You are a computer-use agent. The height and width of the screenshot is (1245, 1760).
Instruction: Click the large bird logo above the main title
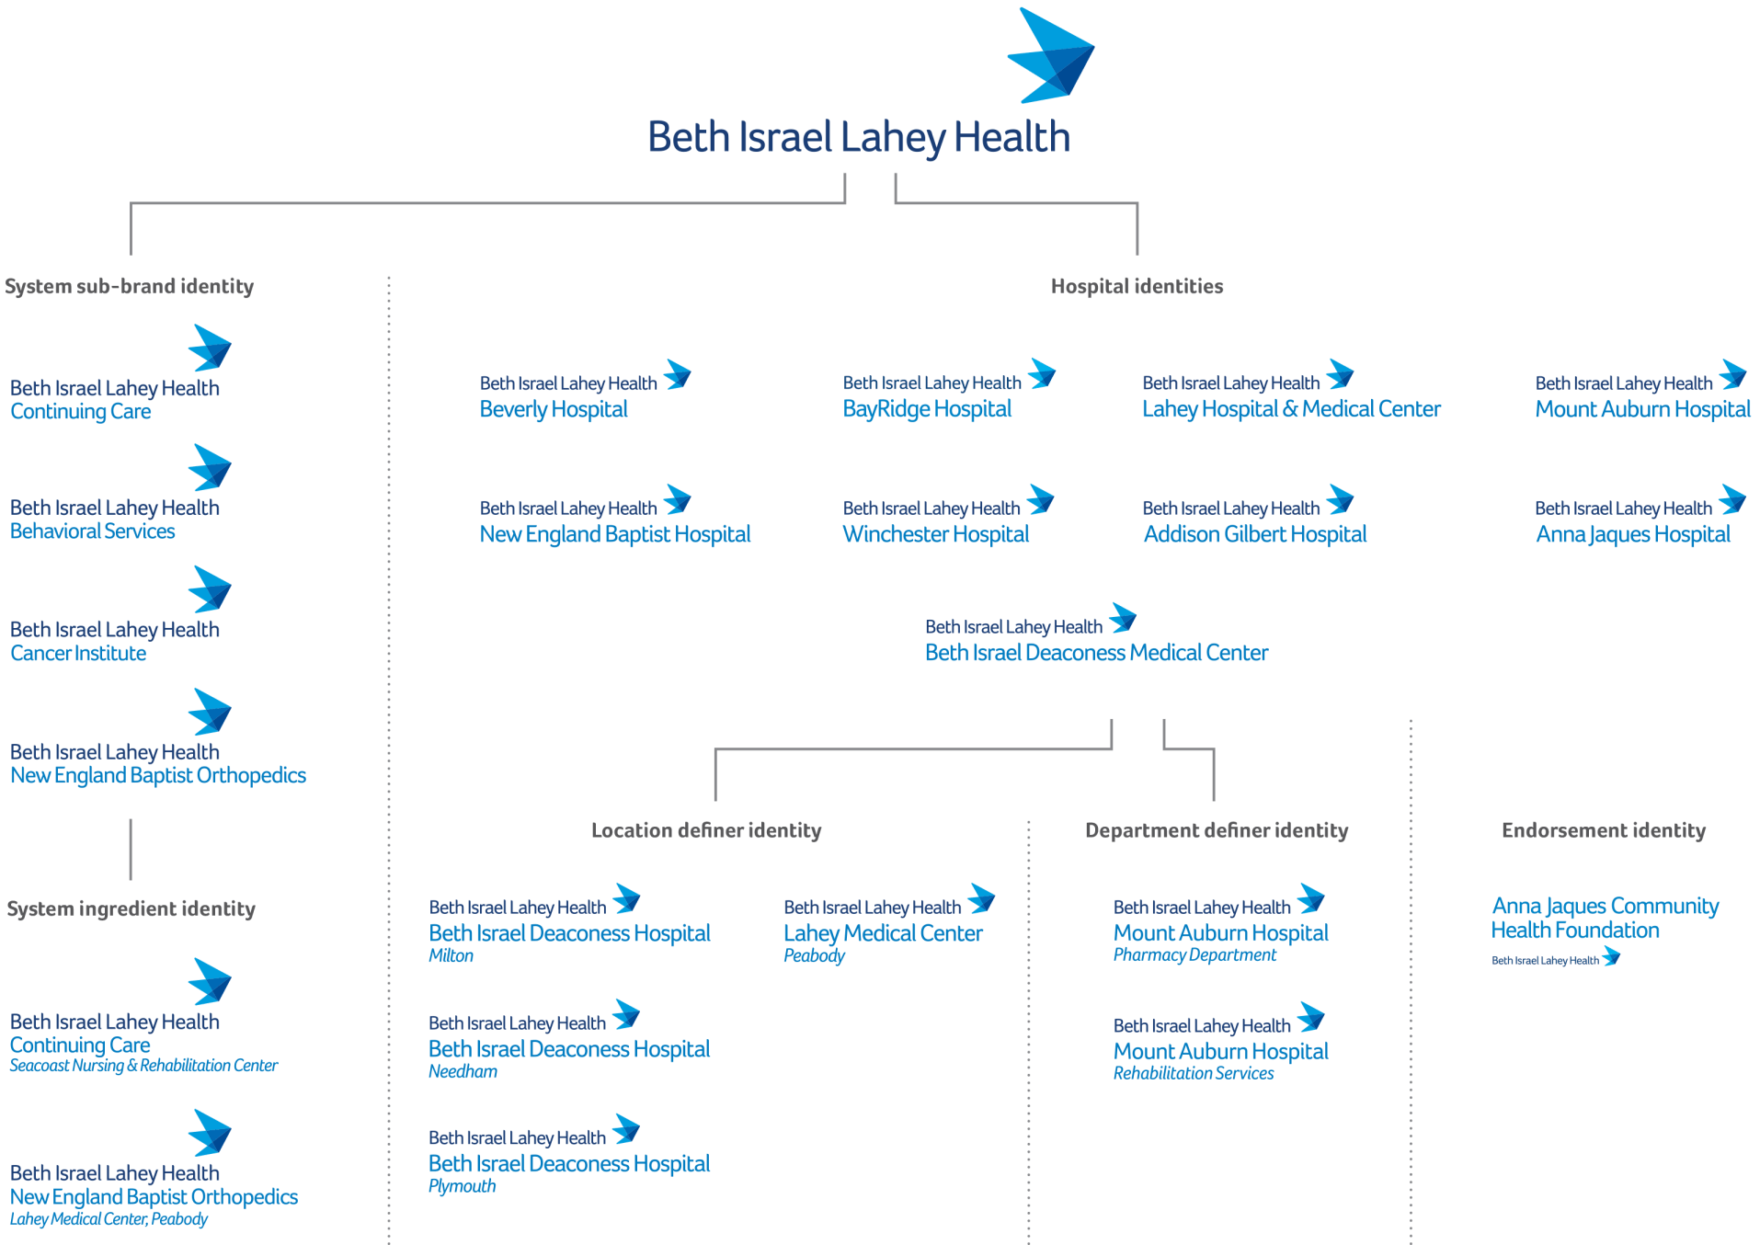(1052, 55)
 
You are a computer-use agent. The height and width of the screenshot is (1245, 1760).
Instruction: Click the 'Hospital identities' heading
(1137, 287)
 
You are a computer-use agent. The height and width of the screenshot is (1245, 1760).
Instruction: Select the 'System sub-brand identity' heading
(130, 287)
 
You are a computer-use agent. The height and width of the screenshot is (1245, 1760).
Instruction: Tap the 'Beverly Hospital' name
(554, 409)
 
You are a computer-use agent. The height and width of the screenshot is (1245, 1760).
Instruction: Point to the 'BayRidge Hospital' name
(927, 409)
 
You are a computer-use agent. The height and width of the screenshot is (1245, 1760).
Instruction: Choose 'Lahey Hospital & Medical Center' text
(1291, 409)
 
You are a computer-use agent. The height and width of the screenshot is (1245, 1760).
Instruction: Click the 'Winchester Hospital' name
(936, 534)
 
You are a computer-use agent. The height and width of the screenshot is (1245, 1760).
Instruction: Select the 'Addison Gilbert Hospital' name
(1254, 534)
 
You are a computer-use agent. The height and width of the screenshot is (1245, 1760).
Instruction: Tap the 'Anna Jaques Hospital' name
(1633, 534)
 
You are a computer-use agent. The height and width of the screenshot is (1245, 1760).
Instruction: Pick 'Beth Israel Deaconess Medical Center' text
(1096, 653)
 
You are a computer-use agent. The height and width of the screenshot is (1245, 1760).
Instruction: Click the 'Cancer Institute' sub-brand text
(78, 654)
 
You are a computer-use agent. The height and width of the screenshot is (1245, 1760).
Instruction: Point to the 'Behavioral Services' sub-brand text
(92, 531)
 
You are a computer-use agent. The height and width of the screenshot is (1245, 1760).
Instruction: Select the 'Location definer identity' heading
(706, 831)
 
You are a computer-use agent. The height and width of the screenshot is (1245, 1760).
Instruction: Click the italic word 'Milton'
(451, 956)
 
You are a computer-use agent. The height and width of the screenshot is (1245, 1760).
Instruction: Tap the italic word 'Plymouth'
(462, 1186)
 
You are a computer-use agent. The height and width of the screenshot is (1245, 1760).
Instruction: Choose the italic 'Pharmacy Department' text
(1194, 955)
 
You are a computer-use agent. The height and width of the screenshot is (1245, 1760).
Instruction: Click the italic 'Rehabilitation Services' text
(1194, 1073)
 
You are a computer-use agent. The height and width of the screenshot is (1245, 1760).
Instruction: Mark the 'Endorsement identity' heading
(1603, 831)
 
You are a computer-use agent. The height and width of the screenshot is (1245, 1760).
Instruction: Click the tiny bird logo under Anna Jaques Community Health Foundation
(1611, 958)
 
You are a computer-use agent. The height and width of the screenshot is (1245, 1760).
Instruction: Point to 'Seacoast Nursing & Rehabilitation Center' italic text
(143, 1066)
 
